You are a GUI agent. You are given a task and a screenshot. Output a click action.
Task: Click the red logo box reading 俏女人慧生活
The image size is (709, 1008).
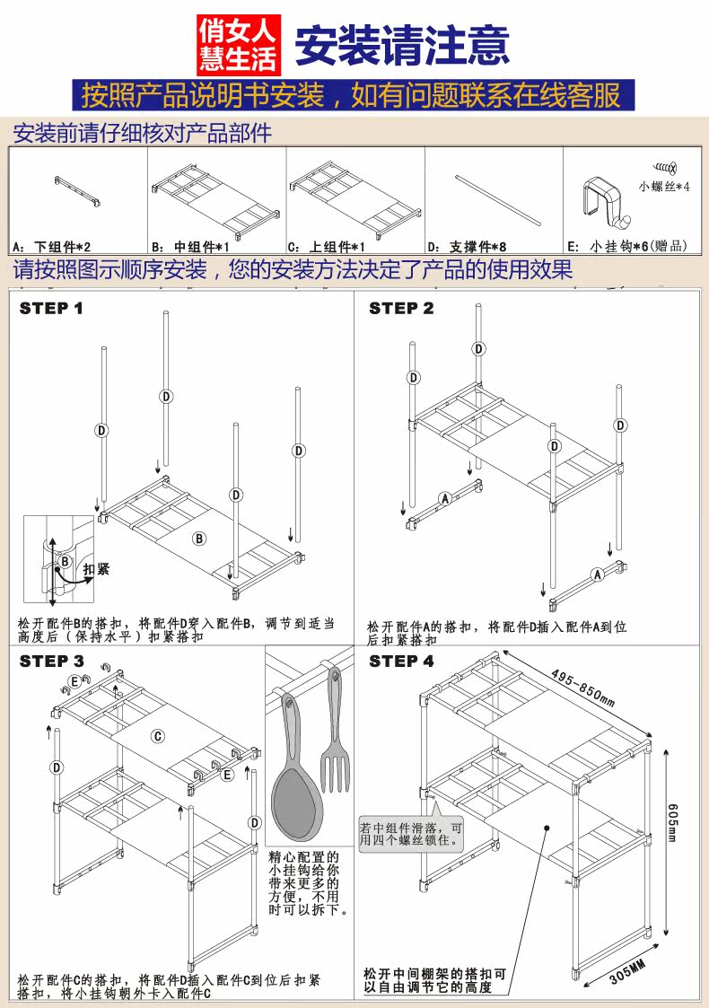(239, 43)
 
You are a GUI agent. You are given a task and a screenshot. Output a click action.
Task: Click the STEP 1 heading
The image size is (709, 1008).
(51, 309)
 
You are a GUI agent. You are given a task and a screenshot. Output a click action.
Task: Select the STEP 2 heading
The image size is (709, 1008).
(401, 309)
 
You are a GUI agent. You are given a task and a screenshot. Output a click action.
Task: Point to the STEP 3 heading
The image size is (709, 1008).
(51, 662)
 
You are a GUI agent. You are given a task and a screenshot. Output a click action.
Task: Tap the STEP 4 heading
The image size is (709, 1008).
(401, 662)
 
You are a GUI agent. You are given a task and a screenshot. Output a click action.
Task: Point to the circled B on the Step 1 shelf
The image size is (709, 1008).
(199, 538)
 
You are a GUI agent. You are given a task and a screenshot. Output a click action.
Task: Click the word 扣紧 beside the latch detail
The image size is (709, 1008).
(96, 569)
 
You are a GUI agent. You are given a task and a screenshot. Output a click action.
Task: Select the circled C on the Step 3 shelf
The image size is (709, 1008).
(157, 737)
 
